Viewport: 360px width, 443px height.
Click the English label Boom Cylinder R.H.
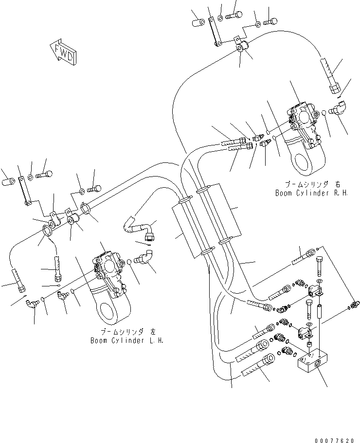click(304, 193)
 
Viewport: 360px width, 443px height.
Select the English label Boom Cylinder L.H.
click(127, 340)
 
